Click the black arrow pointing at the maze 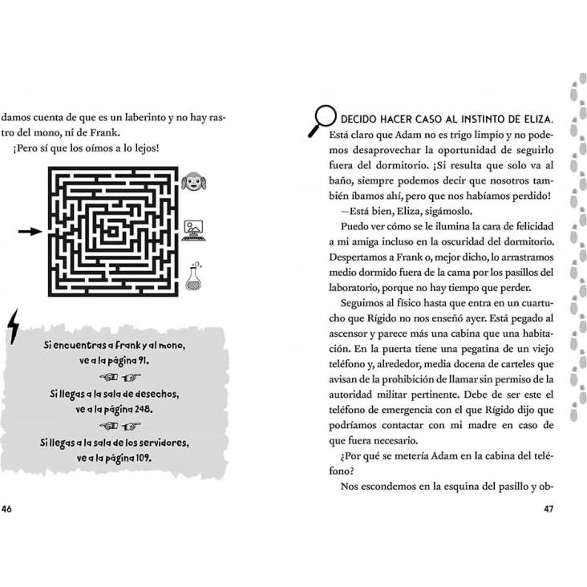tap(30, 232)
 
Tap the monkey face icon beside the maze tap(193, 182)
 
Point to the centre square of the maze tap(111, 231)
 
